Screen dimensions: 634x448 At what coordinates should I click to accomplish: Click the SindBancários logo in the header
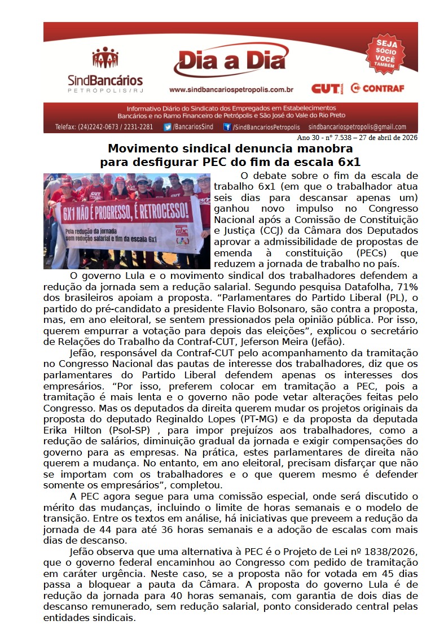105,70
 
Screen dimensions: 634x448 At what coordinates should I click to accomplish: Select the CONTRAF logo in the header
377,88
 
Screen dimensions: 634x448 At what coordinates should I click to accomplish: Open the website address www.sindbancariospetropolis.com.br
231,89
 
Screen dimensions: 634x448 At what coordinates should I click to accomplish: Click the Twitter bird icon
168,127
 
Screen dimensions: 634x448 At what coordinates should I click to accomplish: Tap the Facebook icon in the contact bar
227,127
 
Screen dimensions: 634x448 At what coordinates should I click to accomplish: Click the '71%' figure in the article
403,287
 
